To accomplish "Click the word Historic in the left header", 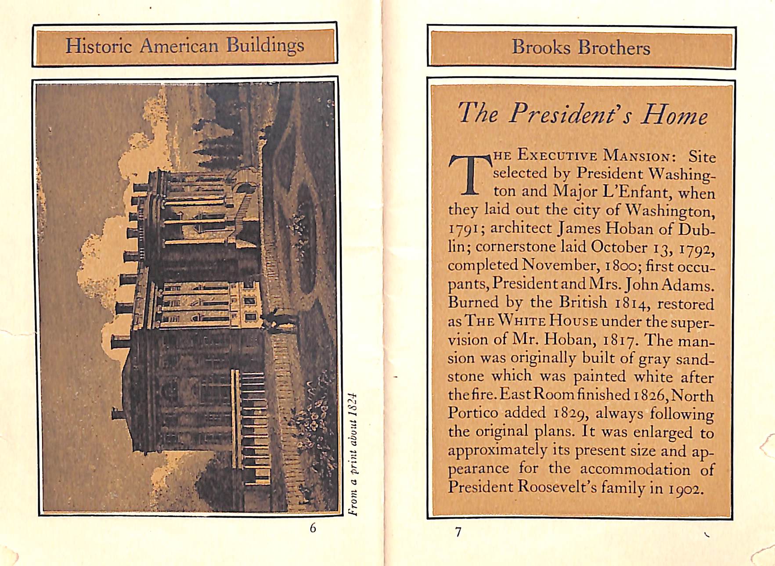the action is (98, 46).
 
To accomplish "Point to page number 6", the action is (313, 528).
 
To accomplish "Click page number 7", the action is (458, 532).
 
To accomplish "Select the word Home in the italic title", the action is (674, 115).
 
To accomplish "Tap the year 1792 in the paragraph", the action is (697, 248).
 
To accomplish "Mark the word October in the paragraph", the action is (619, 247).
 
